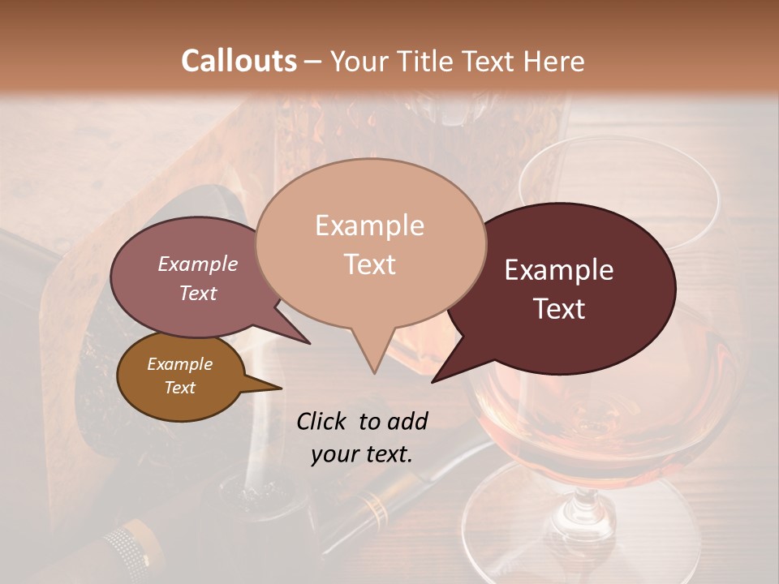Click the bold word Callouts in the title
(x=239, y=61)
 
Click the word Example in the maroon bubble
(x=559, y=270)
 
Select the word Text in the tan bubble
(x=370, y=264)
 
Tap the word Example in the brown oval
(x=179, y=364)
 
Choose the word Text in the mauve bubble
(x=198, y=293)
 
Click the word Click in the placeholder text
(x=321, y=421)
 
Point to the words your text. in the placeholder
(x=362, y=454)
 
